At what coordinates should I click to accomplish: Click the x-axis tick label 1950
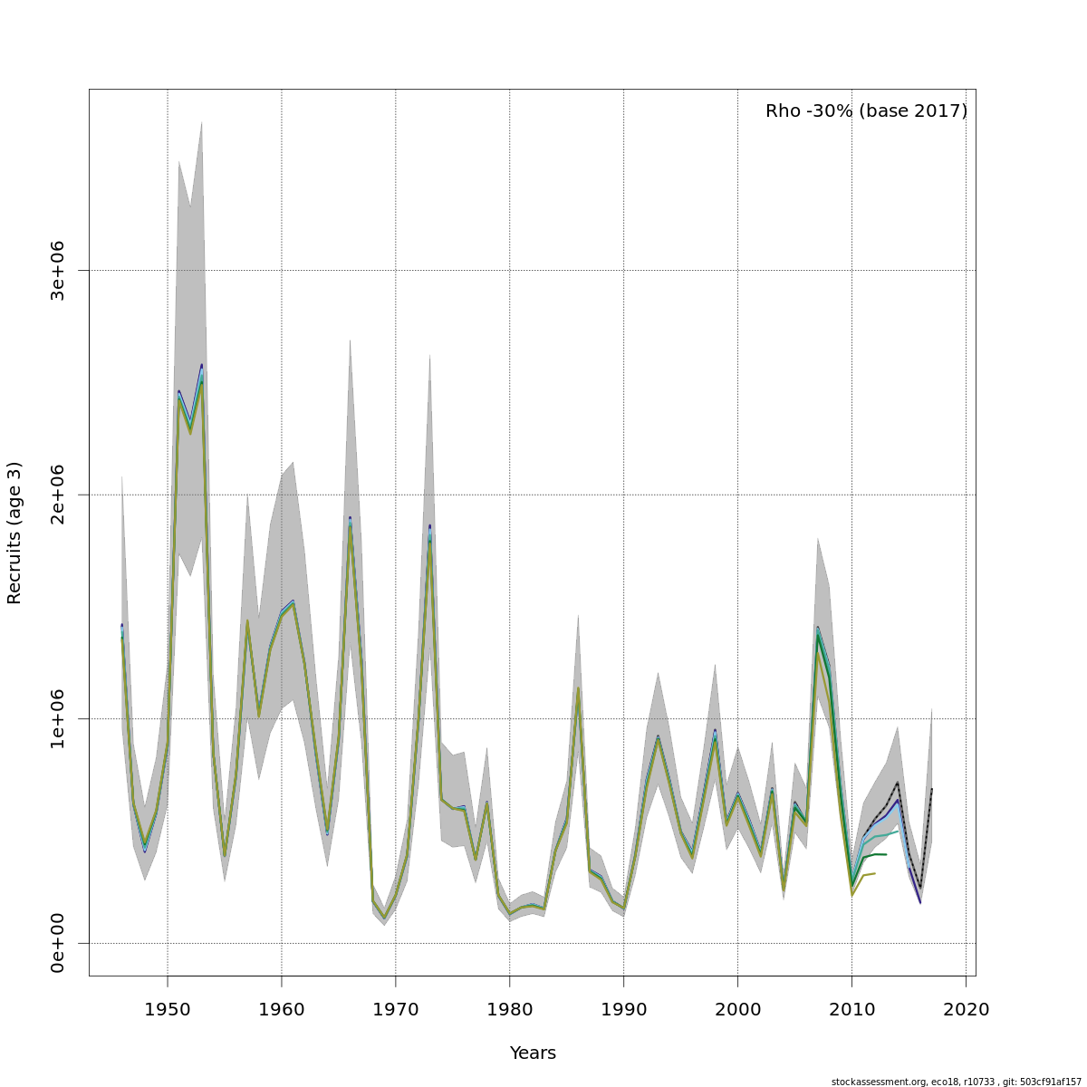click(x=168, y=1008)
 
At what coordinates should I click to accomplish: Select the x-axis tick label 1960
click(x=282, y=1008)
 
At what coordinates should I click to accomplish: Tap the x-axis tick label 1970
click(x=396, y=1008)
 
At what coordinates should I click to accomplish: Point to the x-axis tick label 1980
click(x=510, y=1008)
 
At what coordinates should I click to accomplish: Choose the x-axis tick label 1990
click(x=624, y=1008)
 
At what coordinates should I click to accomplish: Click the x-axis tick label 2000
click(x=738, y=1008)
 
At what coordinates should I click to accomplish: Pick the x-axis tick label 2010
click(x=851, y=1008)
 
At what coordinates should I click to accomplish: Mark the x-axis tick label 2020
click(x=966, y=1008)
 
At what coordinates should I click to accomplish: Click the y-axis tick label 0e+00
click(x=58, y=943)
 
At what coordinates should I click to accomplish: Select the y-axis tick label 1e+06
click(x=58, y=718)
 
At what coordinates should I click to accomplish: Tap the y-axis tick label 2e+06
click(x=58, y=495)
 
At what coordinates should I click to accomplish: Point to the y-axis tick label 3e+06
click(x=58, y=270)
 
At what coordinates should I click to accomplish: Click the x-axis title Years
click(x=533, y=1053)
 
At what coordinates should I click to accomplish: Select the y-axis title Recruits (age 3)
click(x=14, y=533)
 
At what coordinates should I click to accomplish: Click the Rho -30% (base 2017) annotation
click(x=866, y=111)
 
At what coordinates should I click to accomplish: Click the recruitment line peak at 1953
click(x=202, y=367)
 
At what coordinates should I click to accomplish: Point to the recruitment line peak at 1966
click(x=350, y=520)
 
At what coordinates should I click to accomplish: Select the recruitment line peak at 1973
click(x=429, y=528)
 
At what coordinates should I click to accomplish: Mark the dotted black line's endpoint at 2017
click(x=931, y=789)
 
